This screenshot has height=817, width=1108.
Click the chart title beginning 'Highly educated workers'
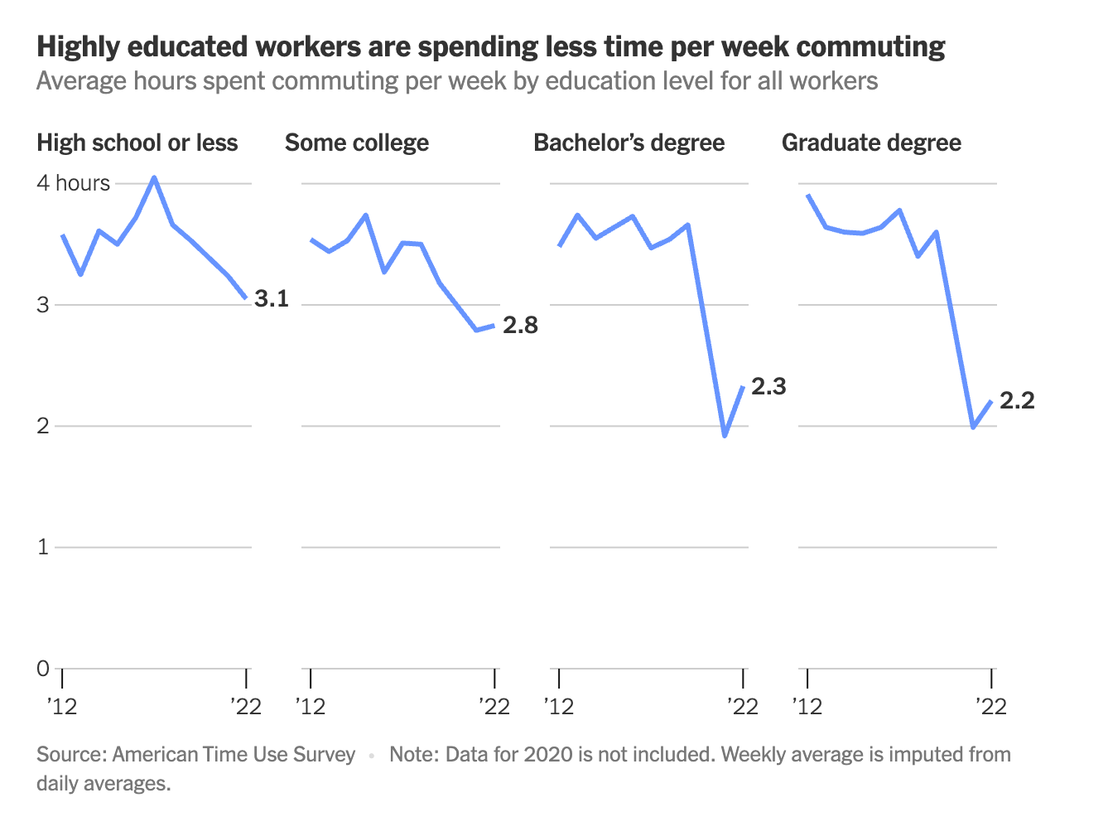(490, 47)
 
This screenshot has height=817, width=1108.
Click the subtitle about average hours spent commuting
(457, 81)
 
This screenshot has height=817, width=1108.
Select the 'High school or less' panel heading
(137, 143)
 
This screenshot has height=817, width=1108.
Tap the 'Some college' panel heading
(357, 143)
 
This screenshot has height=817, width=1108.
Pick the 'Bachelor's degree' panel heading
(629, 143)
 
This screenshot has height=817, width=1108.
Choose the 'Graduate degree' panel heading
(871, 143)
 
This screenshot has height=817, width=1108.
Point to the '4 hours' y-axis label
(73, 183)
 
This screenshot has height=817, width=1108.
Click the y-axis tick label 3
(43, 304)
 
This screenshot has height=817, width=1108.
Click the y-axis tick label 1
(43, 547)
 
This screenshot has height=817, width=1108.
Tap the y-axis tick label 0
(43, 668)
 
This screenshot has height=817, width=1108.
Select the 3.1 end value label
(272, 298)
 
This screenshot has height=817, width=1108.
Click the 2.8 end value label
(520, 326)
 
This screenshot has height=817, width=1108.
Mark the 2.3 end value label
(768, 386)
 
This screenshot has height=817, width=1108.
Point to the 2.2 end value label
(1017, 400)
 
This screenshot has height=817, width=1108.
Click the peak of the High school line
(154, 177)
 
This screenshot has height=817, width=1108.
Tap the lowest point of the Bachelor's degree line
(725, 435)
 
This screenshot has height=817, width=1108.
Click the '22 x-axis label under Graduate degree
(991, 706)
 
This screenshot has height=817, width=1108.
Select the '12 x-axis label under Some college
(311, 706)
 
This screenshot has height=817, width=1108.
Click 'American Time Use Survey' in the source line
(234, 754)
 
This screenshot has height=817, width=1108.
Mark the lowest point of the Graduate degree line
(973, 428)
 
